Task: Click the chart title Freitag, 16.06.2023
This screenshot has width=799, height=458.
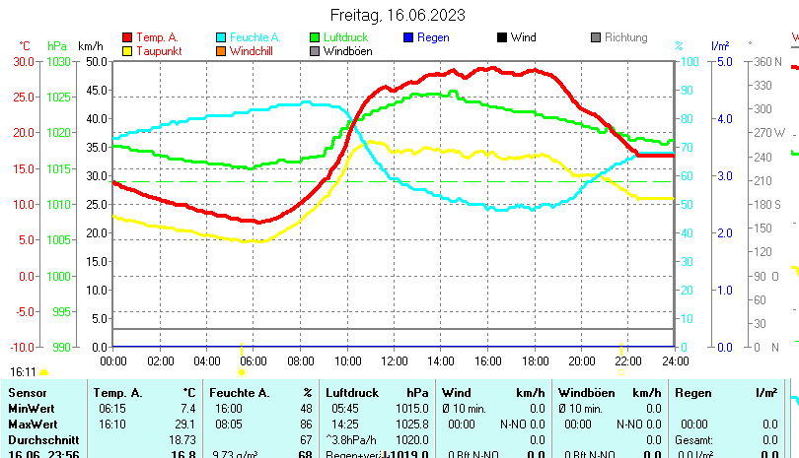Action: (x=397, y=16)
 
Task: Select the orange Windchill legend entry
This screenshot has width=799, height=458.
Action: (x=253, y=51)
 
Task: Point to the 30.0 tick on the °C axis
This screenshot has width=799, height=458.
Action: (x=24, y=61)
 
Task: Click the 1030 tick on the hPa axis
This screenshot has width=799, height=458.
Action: (x=58, y=61)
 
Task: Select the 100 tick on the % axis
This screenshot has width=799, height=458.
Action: (x=692, y=61)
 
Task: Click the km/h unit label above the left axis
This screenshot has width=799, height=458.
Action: (x=90, y=46)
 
